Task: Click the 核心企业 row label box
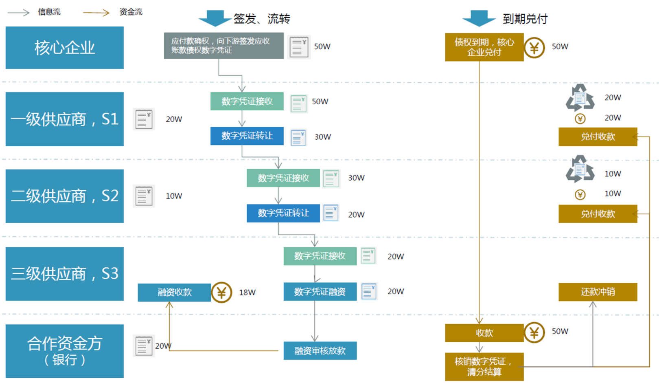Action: coord(64,48)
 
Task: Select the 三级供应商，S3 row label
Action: coord(64,273)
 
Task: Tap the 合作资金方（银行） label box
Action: coord(64,351)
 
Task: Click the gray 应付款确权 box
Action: coord(223,46)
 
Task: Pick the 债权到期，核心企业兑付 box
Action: coord(484,47)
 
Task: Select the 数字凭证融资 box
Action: coord(320,292)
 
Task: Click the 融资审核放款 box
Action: coord(320,351)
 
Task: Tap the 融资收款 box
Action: coord(174,292)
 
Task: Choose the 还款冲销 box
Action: coord(598,292)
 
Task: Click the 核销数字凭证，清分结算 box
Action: coord(484,367)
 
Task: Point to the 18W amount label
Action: coord(247,293)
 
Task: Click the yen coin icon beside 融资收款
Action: coord(221,293)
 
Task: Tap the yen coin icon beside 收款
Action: coord(534,332)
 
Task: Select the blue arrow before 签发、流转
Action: coord(215,18)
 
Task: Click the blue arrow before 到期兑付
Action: coord(479,18)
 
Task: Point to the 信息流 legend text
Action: coord(49,12)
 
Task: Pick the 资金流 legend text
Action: coord(131,12)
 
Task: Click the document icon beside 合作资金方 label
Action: coord(143,346)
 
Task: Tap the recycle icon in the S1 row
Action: coord(580,98)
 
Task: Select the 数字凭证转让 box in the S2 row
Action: coord(283,213)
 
